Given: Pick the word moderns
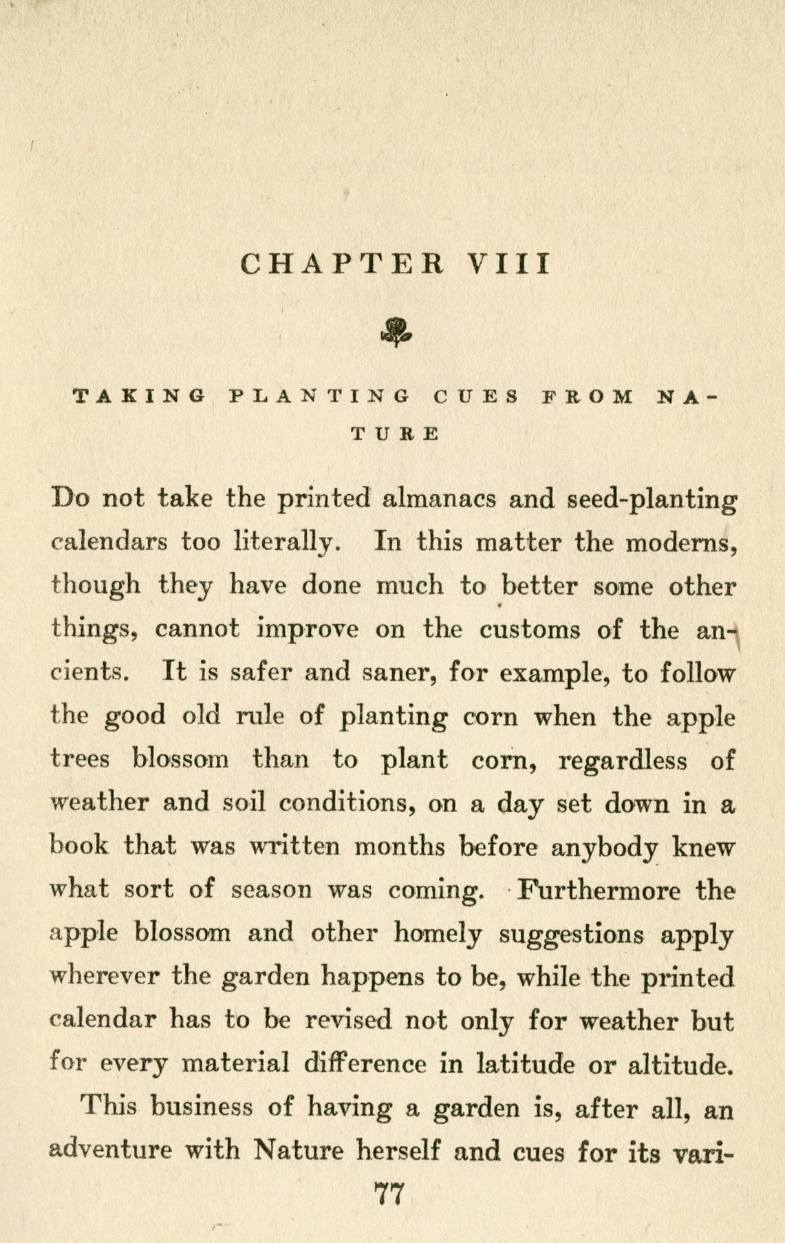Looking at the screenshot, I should [682, 542].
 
